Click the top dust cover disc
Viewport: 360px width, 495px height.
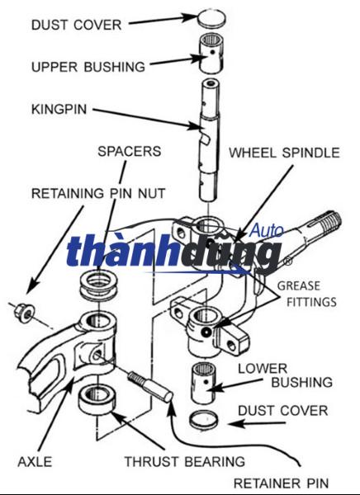pos(211,18)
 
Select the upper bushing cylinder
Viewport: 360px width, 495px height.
pos(211,53)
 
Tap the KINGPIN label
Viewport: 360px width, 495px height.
pos(59,109)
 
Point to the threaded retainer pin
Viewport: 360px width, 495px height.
pos(149,386)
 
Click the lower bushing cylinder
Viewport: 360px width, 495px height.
pos(204,382)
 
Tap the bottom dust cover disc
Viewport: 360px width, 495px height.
pos(204,420)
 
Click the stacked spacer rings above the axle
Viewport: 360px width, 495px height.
pos(98,285)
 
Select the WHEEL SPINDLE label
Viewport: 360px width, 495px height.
pos(285,153)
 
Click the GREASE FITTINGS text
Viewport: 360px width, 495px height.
pos(307,294)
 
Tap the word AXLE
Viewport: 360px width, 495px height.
pos(35,461)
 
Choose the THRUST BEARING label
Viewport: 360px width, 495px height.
pos(185,461)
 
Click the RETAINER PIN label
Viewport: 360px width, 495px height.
pos(281,483)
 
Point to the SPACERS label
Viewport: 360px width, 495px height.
pos(130,151)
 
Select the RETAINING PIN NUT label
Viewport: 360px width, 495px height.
pos(98,193)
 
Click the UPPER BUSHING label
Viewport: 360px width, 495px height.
pos(88,67)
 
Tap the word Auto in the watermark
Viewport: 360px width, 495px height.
pos(267,230)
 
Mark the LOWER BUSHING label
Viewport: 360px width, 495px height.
pos(285,375)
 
